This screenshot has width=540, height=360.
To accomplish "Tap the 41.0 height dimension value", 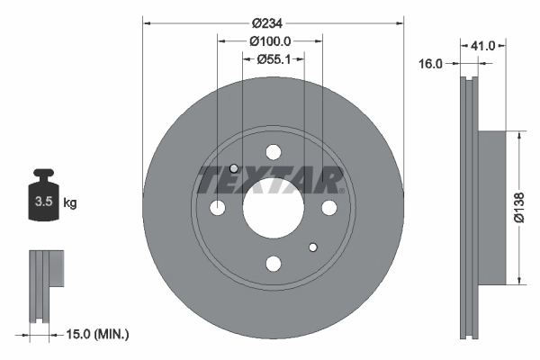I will (x=484, y=43).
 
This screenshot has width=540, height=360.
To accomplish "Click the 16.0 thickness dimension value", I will (x=433, y=64).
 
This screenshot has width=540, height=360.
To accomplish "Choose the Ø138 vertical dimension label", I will (x=519, y=207).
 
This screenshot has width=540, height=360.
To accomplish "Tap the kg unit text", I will (x=70, y=203).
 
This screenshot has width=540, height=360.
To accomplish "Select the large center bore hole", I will (x=273, y=208).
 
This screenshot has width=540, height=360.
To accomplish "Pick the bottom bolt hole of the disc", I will (x=273, y=263).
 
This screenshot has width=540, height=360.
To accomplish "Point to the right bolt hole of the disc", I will (x=328, y=208).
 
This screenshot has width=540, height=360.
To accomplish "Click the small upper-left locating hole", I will (x=234, y=168).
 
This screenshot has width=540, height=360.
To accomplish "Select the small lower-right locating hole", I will (x=312, y=247).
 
